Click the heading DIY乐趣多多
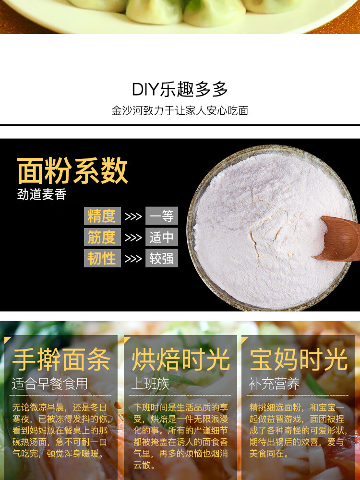180,89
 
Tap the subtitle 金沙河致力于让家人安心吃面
180,111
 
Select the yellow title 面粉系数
72,170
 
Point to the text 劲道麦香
42,195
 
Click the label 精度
102,216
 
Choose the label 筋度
102,237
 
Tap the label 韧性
102,258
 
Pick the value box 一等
161,216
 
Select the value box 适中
161,237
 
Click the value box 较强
161,258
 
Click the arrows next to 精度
133,216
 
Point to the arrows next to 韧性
133,259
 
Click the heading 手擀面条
61,360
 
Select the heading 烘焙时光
180,360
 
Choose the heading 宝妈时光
299,360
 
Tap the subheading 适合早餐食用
50,384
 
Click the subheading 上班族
150,384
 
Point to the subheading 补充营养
274,384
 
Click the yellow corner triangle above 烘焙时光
127,340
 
